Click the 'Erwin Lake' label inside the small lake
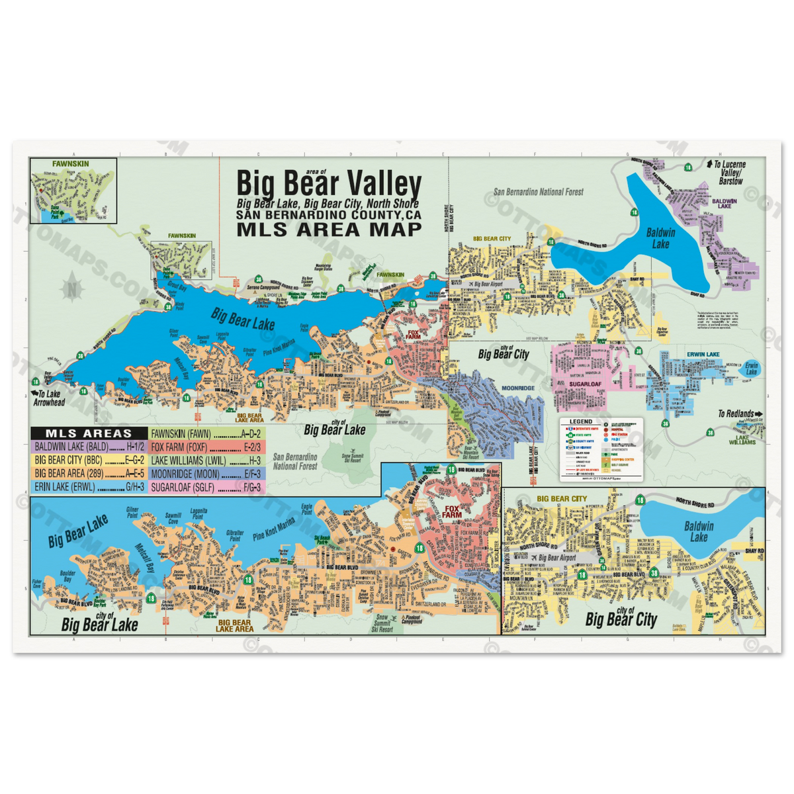[750, 369]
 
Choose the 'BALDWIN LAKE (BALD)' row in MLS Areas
[90, 447]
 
